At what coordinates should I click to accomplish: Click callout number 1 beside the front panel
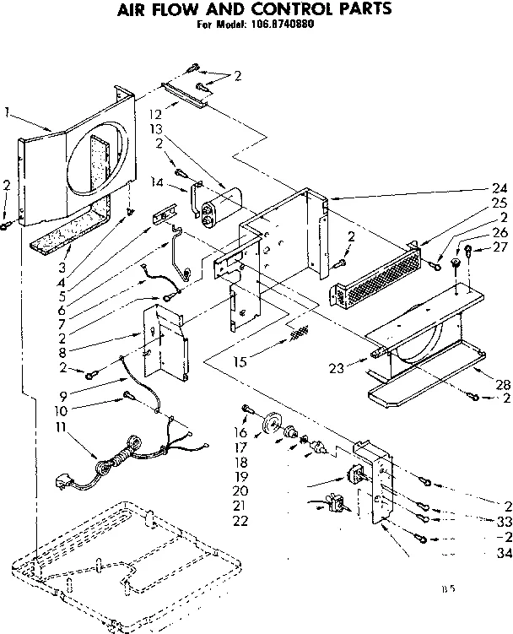tap(8, 110)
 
